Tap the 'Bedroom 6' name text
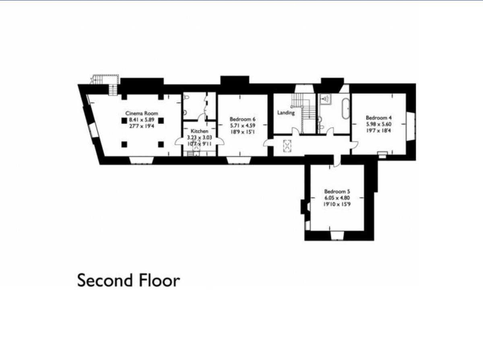coord(243,119)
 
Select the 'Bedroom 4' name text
coord(378,118)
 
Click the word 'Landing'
coord(286,113)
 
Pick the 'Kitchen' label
coord(199,132)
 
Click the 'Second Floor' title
coord(128,280)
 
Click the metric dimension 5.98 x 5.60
coord(378,124)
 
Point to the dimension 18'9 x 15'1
coord(243,132)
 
